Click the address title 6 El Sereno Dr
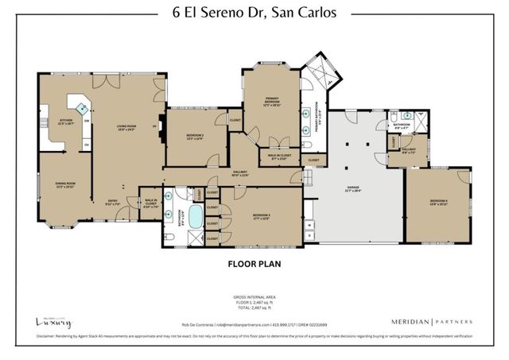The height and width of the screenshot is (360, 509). coord(254,13)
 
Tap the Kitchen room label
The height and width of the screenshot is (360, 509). coord(65,123)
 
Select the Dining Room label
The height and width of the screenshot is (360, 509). coord(64,187)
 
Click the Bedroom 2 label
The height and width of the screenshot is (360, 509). coord(194,136)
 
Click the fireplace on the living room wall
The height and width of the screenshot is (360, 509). coord(161,130)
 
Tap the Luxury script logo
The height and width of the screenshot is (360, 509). coord(53,322)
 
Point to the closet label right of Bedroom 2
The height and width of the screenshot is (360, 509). coord(235,120)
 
